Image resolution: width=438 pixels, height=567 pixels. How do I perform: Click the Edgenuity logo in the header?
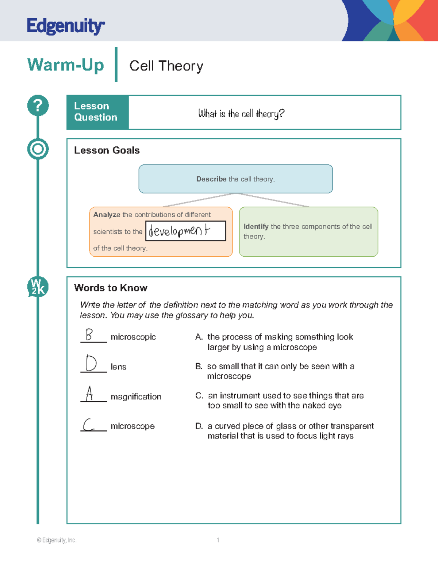click(x=66, y=26)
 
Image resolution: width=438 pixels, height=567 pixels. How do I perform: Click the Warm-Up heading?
click(x=66, y=65)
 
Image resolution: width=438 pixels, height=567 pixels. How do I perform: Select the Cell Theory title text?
click(x=166, y=66)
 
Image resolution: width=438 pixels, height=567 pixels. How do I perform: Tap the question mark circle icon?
click(x=38, y=106)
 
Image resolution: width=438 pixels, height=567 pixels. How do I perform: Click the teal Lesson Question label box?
click(x=97, y=112)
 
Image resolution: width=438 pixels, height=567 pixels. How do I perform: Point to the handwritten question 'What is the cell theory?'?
click(x=241, y=114)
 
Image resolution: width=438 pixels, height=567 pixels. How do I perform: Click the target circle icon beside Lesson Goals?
click(x=38, y=149)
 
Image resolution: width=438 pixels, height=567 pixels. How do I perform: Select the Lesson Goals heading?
click(x=107, y=150)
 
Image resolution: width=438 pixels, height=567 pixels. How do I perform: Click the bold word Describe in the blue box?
click(x=211, y=179)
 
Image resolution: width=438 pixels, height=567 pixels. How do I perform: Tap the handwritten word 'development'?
click(x=180, y=231)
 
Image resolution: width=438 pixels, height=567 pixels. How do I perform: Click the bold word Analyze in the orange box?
click(x=107, y=215)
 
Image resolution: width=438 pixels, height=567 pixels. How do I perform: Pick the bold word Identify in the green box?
click(x=256, y=227)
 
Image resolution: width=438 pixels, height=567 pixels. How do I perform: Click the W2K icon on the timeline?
click(x=38, y=287)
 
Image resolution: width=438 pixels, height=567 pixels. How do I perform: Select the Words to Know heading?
click(x=111, y=288)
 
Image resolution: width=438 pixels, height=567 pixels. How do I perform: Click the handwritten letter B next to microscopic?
click(x=89, y=334)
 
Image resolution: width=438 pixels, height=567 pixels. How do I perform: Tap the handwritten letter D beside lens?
click(x=91, y=363)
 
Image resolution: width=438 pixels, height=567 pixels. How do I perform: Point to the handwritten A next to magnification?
click(x=89, y=394)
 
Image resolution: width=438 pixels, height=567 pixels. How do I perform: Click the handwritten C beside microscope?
click(x=88, y=425)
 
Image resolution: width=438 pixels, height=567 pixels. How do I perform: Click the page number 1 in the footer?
click(x=218, y=540)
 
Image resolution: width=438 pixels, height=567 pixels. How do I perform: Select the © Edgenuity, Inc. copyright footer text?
click(x=57, y=540)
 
